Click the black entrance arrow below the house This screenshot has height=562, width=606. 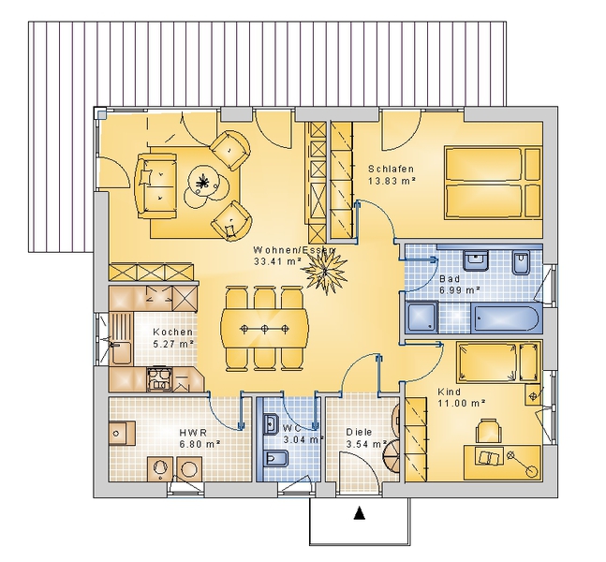pyautogui.click(x=360, y=512)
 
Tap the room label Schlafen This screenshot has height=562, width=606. pyautogui.click(x=391, y=169)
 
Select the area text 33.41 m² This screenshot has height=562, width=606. pyautogui.click(x=276, y=261)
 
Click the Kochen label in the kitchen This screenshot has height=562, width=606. pyautogui.click(x=172, y=332)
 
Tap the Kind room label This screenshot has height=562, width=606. pyautogui.click(x=449, y=392)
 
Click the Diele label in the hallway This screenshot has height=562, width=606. pyautogui.click(x=359, y=432)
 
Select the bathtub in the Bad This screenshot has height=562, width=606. pyautogui.click(x=504, y=318)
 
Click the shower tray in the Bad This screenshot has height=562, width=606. pyautogui.click(x=422, y=318)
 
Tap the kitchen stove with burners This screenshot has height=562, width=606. pyautogui.click(x=159, y=378)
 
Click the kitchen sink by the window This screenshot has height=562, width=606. pyautogui.click(x=121, y=351)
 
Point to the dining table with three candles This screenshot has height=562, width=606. pyautogui.click(x=265, y=329)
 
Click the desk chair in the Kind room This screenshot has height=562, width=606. pyautogui.click(x=488, y=431)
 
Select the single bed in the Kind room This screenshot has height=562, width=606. pyautogui.click(x=498, y=362)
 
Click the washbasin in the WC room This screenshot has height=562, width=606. pyautogui.click(x=270, y=423)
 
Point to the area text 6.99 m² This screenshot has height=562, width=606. pyautogui.click(x=459, y=289)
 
